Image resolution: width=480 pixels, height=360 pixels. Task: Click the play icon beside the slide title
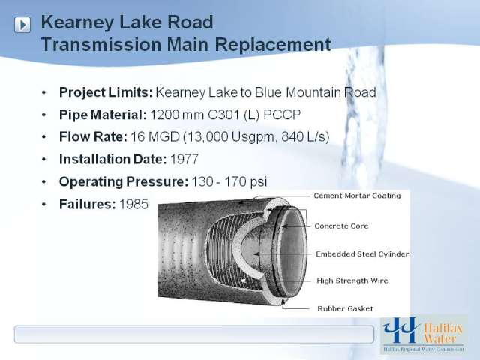click(x=22, y=25)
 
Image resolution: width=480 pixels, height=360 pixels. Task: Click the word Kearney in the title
click(x=76, y=23)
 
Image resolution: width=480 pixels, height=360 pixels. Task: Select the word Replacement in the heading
click(x=273, y=45)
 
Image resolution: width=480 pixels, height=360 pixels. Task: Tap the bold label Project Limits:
click(x=106, y=92)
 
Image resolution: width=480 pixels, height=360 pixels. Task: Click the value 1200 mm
click(x=177, y=115)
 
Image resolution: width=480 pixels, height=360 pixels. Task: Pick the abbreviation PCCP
click(x=282, y=115)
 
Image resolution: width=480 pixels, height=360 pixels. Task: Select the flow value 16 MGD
click(x=155, y=136)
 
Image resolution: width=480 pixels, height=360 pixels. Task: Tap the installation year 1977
click(x=184, y=160)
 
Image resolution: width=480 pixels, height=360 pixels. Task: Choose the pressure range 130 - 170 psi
click(x=229, y=181)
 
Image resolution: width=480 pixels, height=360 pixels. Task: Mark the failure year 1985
click(x=133, y=204)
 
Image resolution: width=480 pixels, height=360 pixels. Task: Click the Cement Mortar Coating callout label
click(x=357, y=196)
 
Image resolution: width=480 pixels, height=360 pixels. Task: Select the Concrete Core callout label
click(x=341, y=226)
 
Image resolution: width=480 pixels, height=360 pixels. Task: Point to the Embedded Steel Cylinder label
click(x=362, y=254)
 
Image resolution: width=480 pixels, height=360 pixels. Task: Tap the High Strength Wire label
click(x=352, y=280)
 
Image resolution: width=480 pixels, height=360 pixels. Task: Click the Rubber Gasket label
click(x=345, y=308)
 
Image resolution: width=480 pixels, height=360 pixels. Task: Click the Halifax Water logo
click(x=424, y=334)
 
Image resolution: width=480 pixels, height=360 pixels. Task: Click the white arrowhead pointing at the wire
click(x=243, y=280)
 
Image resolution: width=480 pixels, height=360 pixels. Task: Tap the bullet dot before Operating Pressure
click(x=44, y=182)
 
